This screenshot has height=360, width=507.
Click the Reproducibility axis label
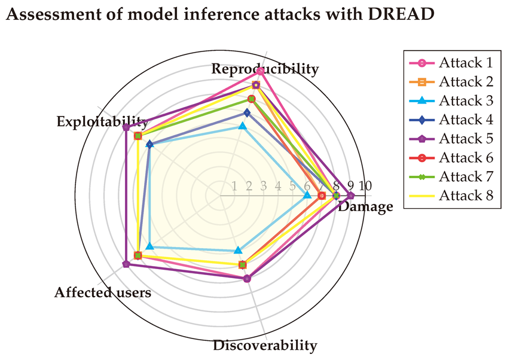(265, 69)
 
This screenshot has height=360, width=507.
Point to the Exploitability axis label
(102, 121)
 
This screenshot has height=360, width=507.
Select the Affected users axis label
(102, 292)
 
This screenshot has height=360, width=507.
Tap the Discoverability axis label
(265, 345)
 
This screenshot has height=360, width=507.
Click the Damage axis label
(365, 207)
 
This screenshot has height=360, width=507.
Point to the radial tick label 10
(365, 185)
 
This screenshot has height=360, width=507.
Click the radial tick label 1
(234, 185)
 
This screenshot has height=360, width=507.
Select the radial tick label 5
(292, 185)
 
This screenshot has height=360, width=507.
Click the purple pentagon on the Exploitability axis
(126, 127)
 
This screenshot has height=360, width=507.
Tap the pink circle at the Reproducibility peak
(261, 71)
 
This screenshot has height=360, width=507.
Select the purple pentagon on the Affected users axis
(126, 264)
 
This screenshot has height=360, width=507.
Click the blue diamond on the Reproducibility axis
(247, 112)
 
